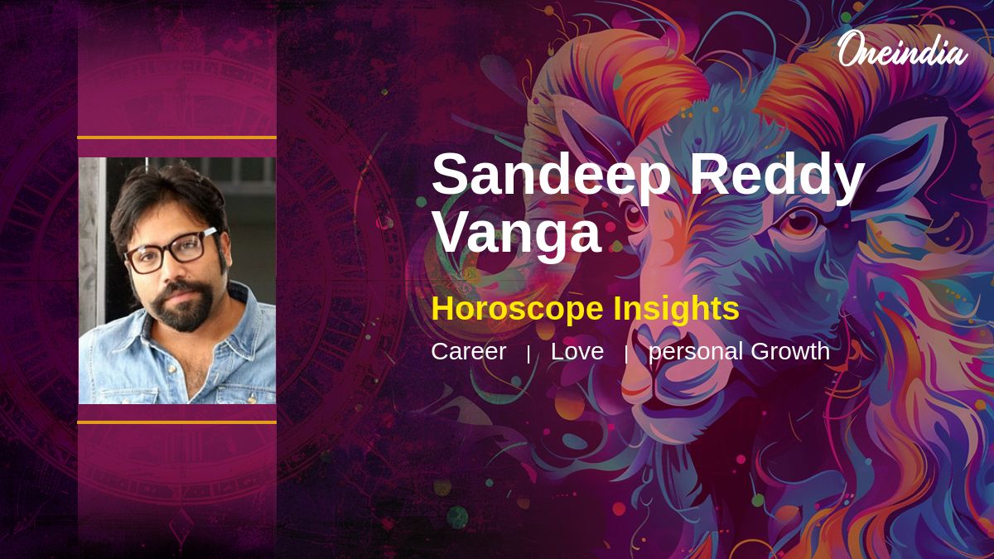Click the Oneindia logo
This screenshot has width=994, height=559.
903,50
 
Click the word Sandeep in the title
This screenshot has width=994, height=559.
551,175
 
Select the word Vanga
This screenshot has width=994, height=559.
517,233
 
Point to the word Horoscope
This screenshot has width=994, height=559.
517,309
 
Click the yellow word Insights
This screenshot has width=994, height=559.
676,309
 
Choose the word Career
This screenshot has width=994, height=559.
469,351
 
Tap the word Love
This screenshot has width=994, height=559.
577,351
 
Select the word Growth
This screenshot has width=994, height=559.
790,351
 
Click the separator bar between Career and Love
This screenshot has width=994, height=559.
528,355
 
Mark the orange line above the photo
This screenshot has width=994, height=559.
176,137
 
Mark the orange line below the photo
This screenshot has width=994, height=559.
176,422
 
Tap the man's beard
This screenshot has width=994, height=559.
183,306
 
